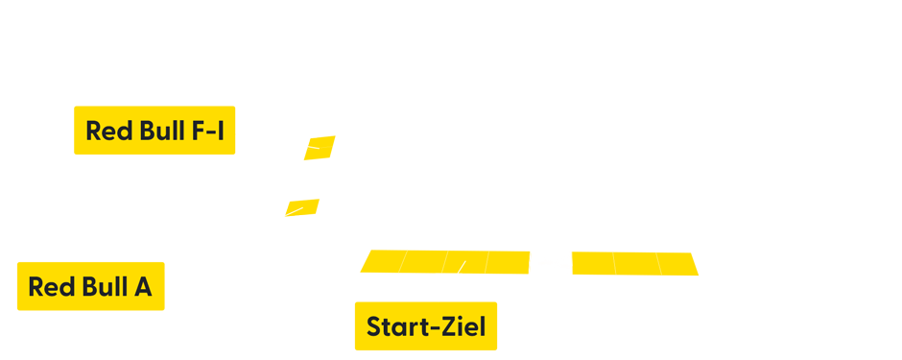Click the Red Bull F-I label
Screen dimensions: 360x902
(x=154, y=131)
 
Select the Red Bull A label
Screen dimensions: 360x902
(x=90, y=286)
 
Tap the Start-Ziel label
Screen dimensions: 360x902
(x=425, y=326)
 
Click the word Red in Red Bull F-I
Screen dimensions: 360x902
(x=107, y=131)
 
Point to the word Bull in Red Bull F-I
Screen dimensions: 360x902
(x=157, y=131)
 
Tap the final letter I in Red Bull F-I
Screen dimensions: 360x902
(x=221, y=131)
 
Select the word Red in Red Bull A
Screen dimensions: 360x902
(x=49, y=286)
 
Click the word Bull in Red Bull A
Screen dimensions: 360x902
(x=100, y=286)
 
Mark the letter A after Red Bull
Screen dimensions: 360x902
(x=142, y=286)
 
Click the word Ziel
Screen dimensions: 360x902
(x=463, y=326)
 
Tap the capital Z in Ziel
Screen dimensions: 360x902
(x=449, y=326)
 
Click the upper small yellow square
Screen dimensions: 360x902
(x=323, y=133)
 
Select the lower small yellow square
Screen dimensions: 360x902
(x=304, y=200)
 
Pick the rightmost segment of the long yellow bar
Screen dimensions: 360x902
(x=679, y=262)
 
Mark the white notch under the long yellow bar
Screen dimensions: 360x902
(x=451, y=276)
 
